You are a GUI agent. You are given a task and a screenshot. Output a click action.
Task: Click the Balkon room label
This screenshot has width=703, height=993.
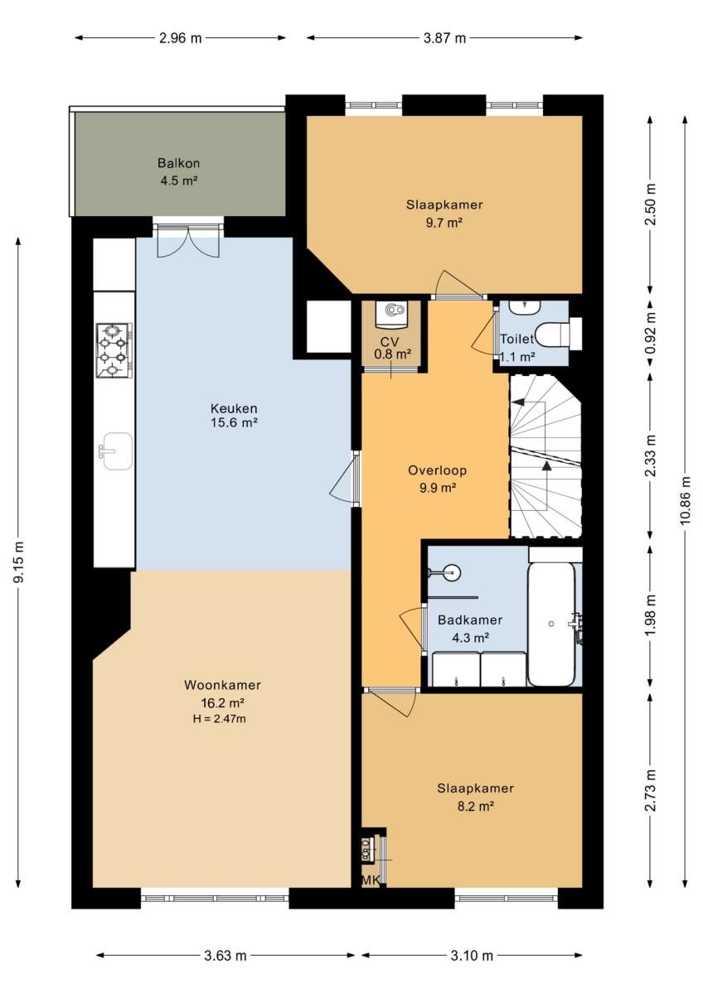click(179, 163)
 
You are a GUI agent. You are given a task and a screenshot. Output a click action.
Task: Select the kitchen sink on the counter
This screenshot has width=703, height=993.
click(117, 451)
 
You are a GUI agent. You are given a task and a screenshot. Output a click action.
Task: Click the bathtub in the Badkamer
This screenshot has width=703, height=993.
click(551, 624)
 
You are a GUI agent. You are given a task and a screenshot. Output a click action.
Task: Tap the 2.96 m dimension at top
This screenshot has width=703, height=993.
click(180, 38)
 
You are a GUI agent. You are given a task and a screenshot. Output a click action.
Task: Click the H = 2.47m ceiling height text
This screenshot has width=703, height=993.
click(220, 719)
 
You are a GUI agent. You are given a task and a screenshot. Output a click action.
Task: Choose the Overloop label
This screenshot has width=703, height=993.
click(438, 470)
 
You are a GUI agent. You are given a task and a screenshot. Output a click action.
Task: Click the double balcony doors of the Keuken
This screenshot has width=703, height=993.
click(188, 242)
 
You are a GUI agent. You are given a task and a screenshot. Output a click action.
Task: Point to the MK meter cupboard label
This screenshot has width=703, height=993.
click(371, 880)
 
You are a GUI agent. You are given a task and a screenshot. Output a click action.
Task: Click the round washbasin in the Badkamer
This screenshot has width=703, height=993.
click(451, 572)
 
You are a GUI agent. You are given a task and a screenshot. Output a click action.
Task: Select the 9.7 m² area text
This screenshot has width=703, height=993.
click(443, 223)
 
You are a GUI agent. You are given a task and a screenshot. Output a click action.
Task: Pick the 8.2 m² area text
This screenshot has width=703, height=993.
click(475, 806)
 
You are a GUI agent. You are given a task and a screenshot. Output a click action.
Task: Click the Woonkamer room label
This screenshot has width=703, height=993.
click(222, 685)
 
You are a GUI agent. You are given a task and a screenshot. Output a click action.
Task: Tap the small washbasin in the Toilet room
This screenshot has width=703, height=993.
click(524, 308)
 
